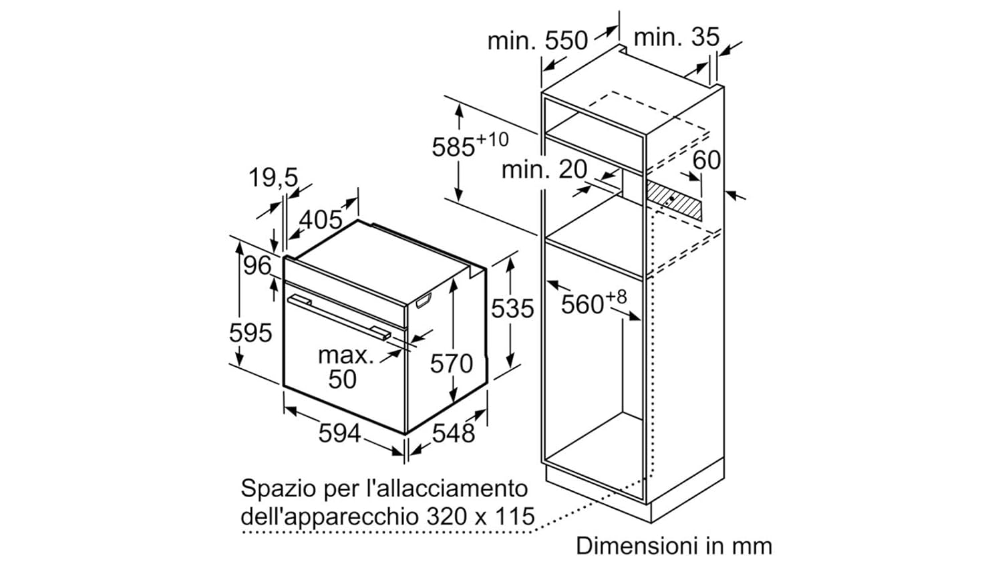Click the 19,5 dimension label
pos(273,178)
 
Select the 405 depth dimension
pos(321,219)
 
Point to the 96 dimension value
pos(257,266)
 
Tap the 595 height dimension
pos(251,332)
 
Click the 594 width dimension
pos(339,433)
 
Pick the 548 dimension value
pos(454,433)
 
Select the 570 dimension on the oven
pos(451,364)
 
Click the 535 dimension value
pos(512,308)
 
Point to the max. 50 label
pos(345,367)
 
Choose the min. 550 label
pos(537,41)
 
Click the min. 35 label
pos(676,37)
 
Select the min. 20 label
pos(544,169)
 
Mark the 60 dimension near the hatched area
pos(706,160)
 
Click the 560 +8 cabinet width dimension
pos(593,303)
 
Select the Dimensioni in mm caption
pos(673,546)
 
